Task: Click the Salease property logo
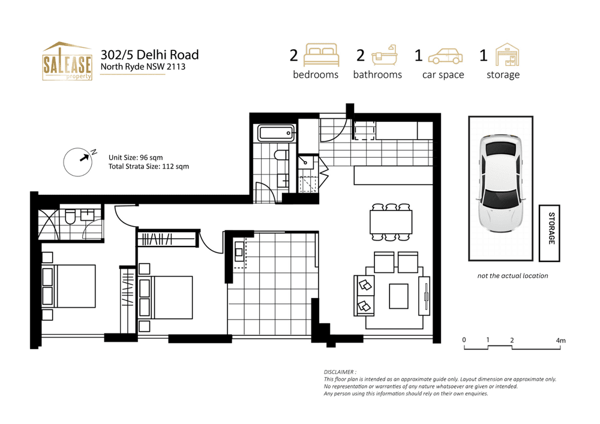coord(67,61)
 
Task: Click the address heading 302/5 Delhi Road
coord(149,55)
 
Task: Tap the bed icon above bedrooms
coord(322,55)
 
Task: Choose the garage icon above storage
coord(506,55)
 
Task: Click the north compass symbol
coord(80,162)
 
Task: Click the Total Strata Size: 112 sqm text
coord(149,167)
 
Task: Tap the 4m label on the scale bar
coord(561,340)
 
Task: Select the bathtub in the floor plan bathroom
coord(276,133)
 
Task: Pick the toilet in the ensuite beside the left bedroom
coord(70,216)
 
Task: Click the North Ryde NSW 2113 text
coord(143,67)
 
